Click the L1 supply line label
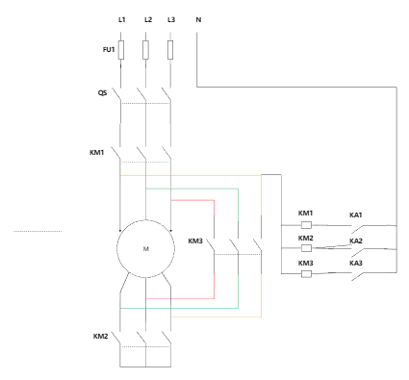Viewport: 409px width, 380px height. point(121,19)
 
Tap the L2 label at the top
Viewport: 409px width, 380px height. point(148,19)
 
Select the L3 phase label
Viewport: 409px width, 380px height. point(171,19)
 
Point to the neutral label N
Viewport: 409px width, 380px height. point(198,19)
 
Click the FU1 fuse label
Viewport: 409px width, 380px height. point(109,49)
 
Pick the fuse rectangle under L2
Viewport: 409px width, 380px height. point(145,50)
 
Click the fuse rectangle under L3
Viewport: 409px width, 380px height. point(170,50)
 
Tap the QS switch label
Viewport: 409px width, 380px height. point(102,93)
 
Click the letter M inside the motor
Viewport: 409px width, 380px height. point(146,249)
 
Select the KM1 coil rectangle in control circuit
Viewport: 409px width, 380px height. point(306,225)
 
